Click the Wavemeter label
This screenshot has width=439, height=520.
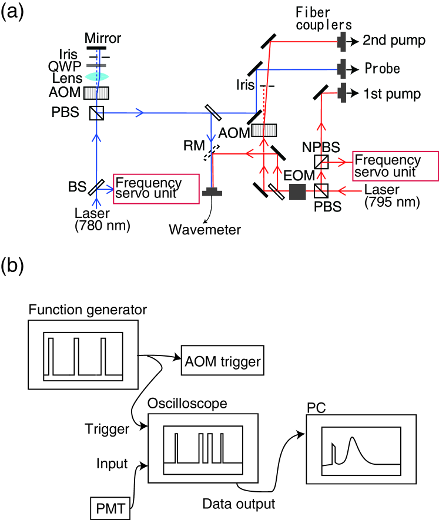[x=205, y=229]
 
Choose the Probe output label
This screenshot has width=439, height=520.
[x=382, y=68]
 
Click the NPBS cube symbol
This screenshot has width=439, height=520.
[x=321, y=161]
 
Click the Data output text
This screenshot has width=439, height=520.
[x=239, y=504]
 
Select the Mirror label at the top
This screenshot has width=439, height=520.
[x=103, y=39]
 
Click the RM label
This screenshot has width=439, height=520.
[x=192, y=145]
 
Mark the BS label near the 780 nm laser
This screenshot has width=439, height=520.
[x=77, y=187]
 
